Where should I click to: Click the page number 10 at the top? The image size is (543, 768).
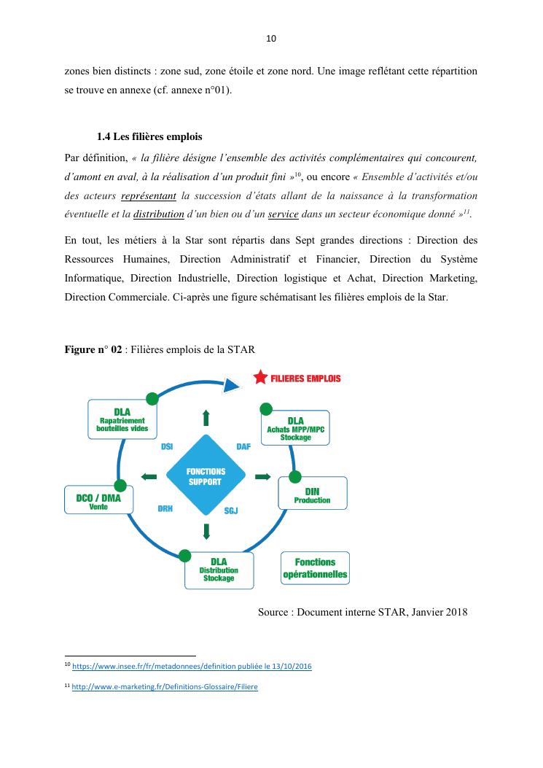271,39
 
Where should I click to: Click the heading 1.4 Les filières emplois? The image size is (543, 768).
149,136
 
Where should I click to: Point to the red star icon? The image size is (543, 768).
259,378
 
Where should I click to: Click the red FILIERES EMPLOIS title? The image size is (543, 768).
305,379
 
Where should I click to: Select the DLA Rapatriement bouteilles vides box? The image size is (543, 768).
122,420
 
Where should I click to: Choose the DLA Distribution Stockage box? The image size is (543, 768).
219,570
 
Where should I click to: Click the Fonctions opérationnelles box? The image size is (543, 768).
315,568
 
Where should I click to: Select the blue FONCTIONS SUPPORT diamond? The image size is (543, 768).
205,477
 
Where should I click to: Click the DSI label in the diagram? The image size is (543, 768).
167,446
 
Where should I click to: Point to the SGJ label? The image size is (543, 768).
231,511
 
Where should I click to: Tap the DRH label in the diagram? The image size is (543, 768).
165,508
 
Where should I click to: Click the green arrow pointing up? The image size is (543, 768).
206,417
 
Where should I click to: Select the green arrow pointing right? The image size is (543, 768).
262,477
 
